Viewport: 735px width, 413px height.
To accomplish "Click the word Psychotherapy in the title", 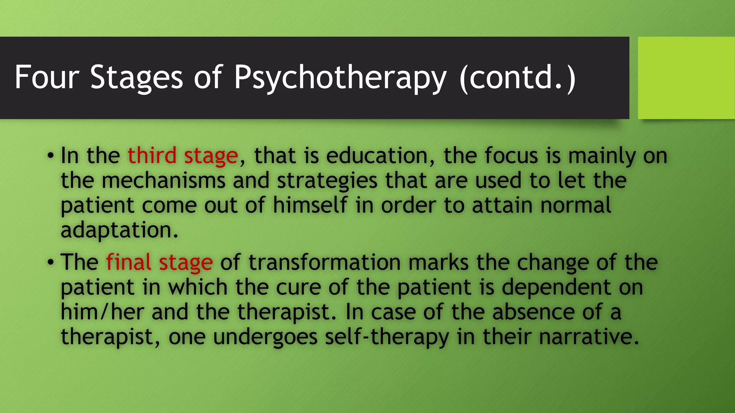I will tap(340, 77).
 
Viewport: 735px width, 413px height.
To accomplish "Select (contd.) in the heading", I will tap(517, 77).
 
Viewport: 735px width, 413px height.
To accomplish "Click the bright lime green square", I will tap(686, 78).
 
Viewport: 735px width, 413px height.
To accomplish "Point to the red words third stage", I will tap(183, 156).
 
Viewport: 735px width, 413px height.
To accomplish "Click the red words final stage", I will tap(159, 262).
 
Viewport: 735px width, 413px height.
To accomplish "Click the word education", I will tap(377, 156).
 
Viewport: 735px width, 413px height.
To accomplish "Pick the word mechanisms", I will tap(163, 180).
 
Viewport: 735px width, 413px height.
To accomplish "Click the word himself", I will tap(310, 205).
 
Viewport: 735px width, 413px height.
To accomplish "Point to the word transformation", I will tap(324, 262).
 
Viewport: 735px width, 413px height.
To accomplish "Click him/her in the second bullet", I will tap(102, 312).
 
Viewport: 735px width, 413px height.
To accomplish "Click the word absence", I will tap(533, 312).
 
